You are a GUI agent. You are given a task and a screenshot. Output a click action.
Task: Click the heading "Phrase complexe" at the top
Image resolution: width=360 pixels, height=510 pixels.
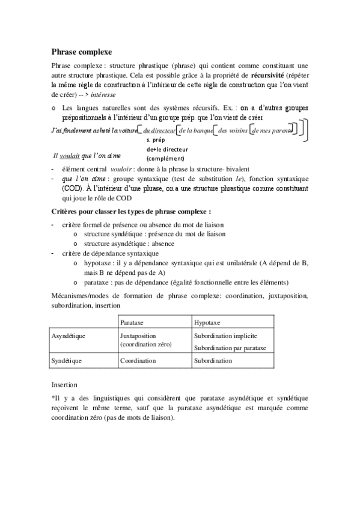(x=81, y=52)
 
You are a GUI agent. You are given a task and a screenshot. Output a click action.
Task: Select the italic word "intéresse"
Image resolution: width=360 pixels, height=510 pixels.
(x=103, y=95)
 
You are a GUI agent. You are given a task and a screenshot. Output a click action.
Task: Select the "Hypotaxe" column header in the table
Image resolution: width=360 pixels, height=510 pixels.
(x=208, y=322)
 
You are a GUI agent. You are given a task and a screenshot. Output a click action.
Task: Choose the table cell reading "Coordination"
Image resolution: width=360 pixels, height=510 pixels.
(x=138, y=361)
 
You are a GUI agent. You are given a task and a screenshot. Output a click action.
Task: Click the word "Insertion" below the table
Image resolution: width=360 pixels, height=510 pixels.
(x=65, y=382)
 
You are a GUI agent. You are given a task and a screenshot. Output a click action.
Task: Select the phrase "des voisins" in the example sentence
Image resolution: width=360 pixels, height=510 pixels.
(x=233, y=131)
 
